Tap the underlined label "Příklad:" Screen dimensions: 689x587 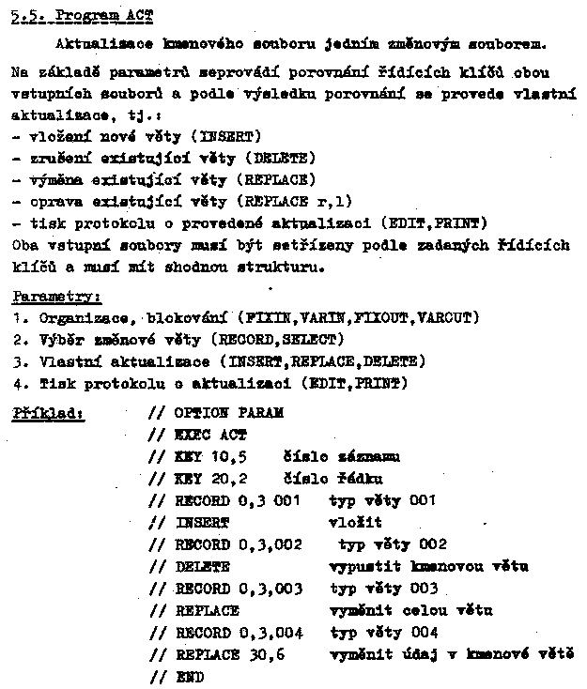[x=47, y=412]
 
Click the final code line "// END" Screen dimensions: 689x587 [x=177, y=676]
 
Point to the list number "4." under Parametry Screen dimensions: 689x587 [x=18, y=383]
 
